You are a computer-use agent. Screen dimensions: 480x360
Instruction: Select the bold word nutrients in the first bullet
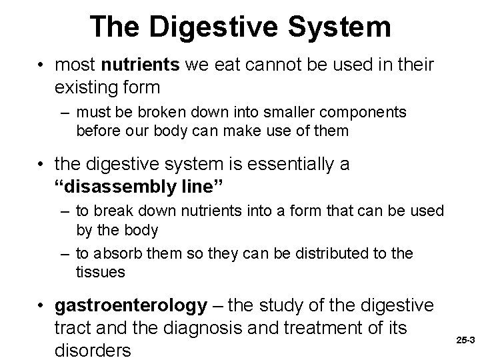134,65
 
